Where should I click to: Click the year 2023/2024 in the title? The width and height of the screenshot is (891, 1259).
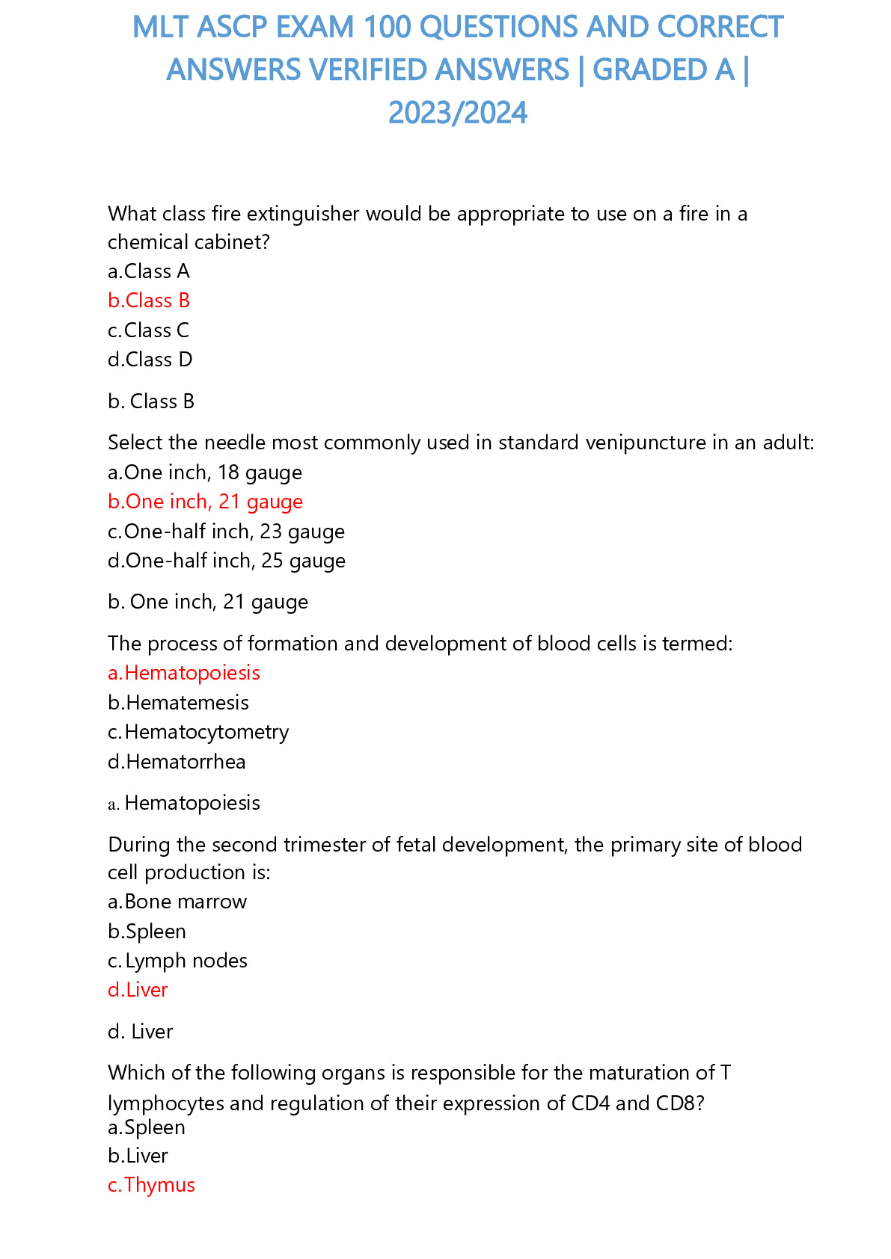pos(458,113)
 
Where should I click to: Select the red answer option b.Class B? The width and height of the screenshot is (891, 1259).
pos(149,301)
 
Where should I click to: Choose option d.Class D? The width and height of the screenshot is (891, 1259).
pos(150,360)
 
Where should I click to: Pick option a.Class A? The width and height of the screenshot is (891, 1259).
pos(149,271)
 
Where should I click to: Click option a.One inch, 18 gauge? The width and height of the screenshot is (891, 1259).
pos(205,472)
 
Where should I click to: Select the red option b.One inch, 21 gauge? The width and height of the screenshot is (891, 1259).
pos(205,502)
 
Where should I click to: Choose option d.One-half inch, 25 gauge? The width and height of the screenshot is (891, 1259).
pos(227,561)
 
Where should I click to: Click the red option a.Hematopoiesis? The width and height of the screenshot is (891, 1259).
pos(184,673)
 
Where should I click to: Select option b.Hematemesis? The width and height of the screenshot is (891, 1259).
pos(178,703)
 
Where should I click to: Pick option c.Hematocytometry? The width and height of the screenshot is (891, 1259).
pos(198,732)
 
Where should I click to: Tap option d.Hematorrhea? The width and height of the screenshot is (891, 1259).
pos(177,762)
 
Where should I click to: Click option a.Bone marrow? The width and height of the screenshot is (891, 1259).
pos(177,902)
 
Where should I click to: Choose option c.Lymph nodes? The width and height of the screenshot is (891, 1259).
pos(177,961)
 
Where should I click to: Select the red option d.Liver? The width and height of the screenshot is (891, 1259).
pos(138,990)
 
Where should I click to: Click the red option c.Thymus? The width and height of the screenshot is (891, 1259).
pos(151,1185)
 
